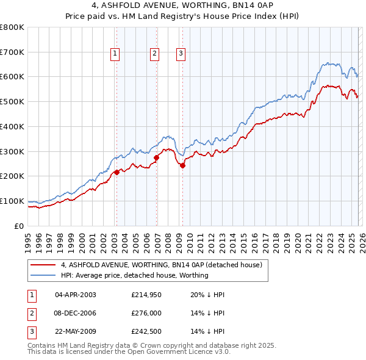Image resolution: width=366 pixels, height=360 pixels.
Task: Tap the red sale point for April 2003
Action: [x=117, y=172]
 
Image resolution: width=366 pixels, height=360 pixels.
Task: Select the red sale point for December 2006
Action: [x=156, y=157]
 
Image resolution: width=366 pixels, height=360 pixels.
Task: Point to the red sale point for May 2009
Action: [x=182, y=165]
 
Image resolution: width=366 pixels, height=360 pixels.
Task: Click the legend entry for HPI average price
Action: [x=134, y=275]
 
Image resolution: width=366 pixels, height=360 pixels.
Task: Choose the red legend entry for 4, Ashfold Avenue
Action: [x=161, y=265]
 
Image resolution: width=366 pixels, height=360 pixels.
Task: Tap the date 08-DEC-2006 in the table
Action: [x=75, y=314]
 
